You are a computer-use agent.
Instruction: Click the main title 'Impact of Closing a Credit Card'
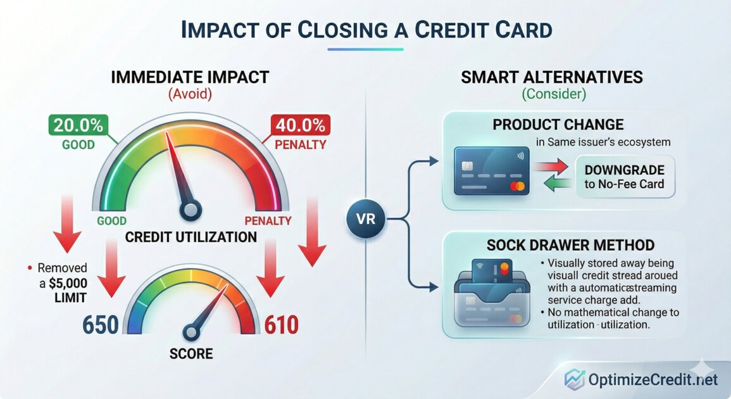365,30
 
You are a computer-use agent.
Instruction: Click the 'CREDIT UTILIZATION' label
191,237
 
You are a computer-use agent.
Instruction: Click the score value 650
101,325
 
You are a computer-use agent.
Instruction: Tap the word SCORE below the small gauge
191,353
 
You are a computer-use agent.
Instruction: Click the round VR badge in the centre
366,220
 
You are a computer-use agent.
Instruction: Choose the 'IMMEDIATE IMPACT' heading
190,77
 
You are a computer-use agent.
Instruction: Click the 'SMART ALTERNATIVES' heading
552,77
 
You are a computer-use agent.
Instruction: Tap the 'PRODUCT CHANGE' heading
558,125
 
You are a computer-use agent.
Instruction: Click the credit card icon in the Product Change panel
490,172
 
